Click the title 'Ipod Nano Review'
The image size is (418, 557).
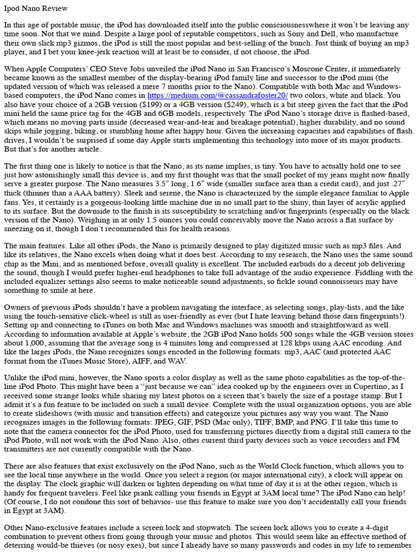[x=35, y=9]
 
